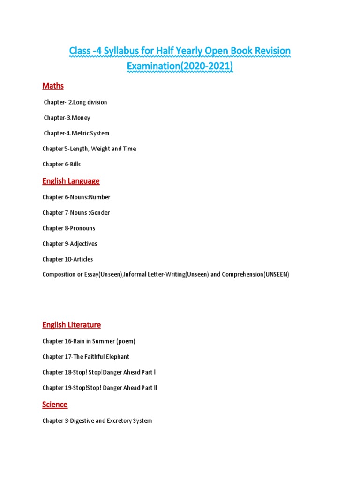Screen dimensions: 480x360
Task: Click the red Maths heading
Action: (x=53, y=86)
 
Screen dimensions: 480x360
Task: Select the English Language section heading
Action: (x=71, y=181)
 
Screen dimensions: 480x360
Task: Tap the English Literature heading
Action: (x=71, y=325)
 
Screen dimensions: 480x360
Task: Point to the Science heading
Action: (x=55, y=405)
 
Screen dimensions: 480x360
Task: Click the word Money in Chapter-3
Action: (x=81, y=118)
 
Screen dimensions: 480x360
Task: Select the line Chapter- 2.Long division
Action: (x=75, y=102)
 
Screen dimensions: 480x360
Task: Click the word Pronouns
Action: (x=82, y=228)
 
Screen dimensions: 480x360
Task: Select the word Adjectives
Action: (x=83, y=244)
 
